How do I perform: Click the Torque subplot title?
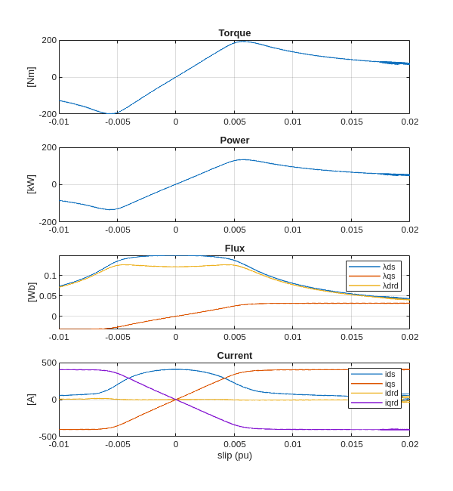point(234,33)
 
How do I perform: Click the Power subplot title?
point(234,141)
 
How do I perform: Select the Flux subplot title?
point(234,249)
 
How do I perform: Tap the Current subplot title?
point(234,356)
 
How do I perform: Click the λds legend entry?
point(389,267)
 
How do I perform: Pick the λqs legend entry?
point(389,276)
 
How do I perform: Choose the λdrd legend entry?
point(390,286)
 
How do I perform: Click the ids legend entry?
point(390,374)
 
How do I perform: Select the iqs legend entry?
point(390,384)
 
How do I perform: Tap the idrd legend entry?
point(391,393)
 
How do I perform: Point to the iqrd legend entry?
point(391,403)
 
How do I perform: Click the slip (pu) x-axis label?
point(234,455)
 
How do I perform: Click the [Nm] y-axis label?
point(31,77)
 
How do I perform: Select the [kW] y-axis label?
point(31,184)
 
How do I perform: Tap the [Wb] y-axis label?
point(31,292)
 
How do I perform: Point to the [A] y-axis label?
point(31,400)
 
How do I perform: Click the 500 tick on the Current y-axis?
point(49,363)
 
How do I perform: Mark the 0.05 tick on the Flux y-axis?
point(47,296)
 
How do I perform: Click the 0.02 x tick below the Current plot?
point(409,444)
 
